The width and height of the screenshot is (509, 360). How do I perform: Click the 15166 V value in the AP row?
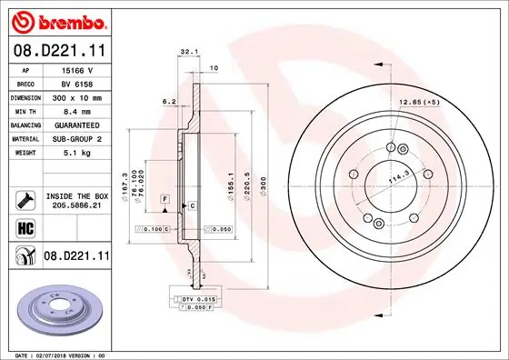point(76,69)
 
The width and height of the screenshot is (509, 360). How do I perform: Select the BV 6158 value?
point(76,82)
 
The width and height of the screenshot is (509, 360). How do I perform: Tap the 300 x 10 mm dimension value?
point(76,95)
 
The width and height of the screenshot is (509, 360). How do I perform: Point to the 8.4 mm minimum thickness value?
point(76,109)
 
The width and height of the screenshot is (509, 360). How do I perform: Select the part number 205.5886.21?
point(76,206)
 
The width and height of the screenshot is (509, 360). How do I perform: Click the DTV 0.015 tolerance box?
point(195,298)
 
